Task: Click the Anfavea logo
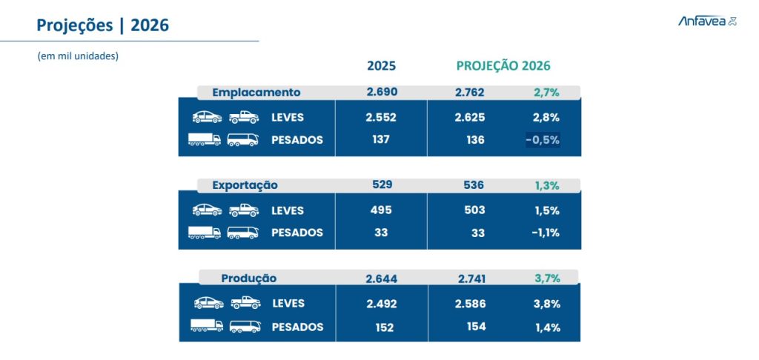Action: coord(707,21)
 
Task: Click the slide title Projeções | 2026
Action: coord(103,26)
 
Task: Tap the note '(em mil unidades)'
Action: coord(78,56)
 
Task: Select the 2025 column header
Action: coord(381,66)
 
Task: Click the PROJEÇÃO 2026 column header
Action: coord(503,66)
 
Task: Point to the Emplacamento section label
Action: coord(256,93)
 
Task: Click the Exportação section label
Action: coord(245,185)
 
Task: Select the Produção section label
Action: coord(249,279)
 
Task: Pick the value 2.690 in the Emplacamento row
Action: coord(382,93)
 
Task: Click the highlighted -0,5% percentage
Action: coord(543,140)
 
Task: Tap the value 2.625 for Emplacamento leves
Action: coord(470,117)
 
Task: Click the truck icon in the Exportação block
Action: coord(205,233)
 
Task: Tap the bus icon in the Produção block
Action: coord(245,326)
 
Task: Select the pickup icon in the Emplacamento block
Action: coord(243,117)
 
